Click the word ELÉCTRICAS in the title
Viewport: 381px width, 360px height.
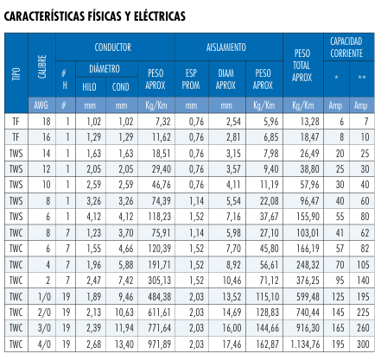[160, 16]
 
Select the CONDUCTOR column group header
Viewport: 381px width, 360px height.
[113, 47]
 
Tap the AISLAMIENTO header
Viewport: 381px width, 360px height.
[226, 47]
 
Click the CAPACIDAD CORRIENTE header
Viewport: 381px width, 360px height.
[346, 47]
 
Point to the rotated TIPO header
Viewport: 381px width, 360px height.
[16, 74]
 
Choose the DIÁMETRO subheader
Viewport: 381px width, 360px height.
[105, 68]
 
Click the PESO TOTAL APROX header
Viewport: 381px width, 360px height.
[302, 66]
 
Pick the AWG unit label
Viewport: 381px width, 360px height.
[41, 105]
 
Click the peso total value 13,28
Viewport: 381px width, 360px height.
[309, 122]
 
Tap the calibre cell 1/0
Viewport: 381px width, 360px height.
[44, 297]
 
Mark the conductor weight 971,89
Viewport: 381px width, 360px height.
[159, 344]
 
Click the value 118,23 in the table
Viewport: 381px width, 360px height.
[159, 217]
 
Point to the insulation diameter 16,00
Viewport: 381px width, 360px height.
[232, 328]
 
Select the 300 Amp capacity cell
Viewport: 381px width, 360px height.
[363, 344]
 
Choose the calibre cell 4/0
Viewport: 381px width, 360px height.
[44, 344]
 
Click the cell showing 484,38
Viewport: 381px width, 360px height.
[159, 296]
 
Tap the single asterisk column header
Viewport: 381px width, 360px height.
[336, 78]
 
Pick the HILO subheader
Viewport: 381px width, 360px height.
[89, 87]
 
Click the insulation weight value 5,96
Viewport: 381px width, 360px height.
[271, 122]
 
